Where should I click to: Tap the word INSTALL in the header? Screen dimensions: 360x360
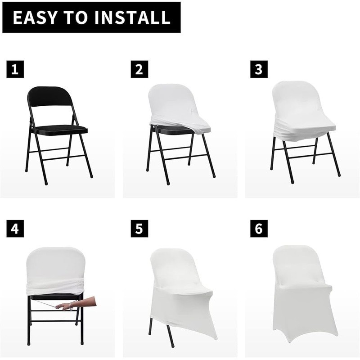[x=132, y=17]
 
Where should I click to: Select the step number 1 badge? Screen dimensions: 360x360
[x=15, y=69]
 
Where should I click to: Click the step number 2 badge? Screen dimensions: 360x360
[x=139, y=69]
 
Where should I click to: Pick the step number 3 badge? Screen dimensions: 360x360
[x=259, y=69]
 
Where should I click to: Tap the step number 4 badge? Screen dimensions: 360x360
[x=15, y=229]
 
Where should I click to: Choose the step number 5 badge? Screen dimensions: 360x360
[x=139, y=229]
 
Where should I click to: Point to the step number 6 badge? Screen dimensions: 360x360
[x=259, y=229]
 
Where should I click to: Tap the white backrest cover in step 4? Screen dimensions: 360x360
[x=56, y=264]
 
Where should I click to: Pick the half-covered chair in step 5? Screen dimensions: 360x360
[x=182, y=296]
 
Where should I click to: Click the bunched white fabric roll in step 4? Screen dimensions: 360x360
[x=55, y=288]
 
